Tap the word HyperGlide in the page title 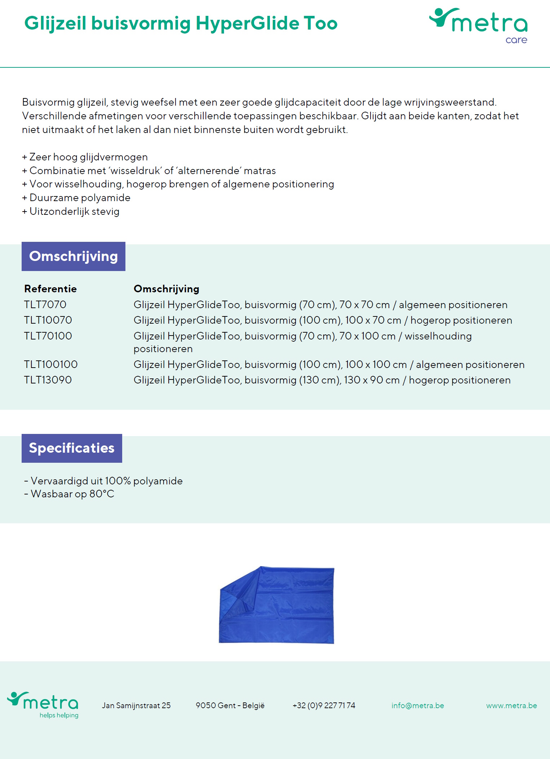coord(248,24)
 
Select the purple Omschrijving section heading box coord(74,256)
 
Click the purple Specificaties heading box coord(72,448)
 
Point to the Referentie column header coord(50,289)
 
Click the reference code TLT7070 coord(45,305)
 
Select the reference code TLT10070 coord(48,320)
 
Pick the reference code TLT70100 coord(48,336)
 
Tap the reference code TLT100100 coord(51,364)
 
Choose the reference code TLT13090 coord(48,380)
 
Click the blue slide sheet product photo coord(277,605)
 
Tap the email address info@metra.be coord(418,705)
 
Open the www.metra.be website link coord(511,705)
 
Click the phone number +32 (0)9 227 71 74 coord(324,705)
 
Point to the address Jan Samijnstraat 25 coord(136,705)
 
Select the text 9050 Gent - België coord(230,705)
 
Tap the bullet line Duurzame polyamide coord(80,197)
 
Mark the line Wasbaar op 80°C coord(72,494)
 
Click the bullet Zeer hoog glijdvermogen coord(88,157)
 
